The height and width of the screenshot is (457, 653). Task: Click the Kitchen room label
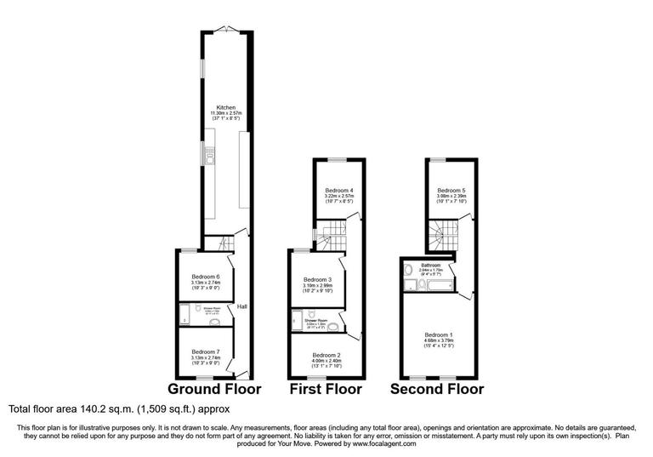click(225, 107)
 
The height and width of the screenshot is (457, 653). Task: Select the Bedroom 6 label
click(205, 277)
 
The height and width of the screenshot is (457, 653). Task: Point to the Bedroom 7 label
click(205, 351)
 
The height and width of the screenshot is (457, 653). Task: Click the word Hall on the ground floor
click(242, 307)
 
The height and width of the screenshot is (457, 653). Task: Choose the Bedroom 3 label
click(316, 279)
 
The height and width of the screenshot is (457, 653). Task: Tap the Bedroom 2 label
click(326, 354)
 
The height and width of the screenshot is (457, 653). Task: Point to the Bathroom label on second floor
click(429, 265)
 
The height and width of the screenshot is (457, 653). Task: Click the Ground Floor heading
click(214, 389)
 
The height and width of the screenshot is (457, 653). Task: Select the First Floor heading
click(326, 389)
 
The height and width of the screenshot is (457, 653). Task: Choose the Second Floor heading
click(437, 389)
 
